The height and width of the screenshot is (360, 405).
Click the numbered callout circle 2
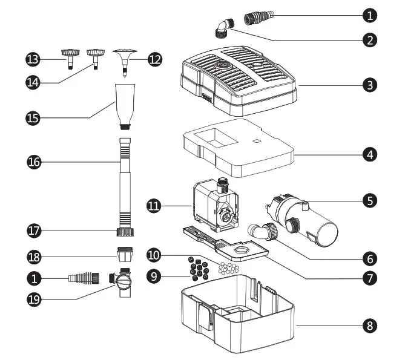pos(369,40)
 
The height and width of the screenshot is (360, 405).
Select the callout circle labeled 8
pos(369,326)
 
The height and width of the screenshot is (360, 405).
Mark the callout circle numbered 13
pos(33,59)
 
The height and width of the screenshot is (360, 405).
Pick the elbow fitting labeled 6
pos(263,231)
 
